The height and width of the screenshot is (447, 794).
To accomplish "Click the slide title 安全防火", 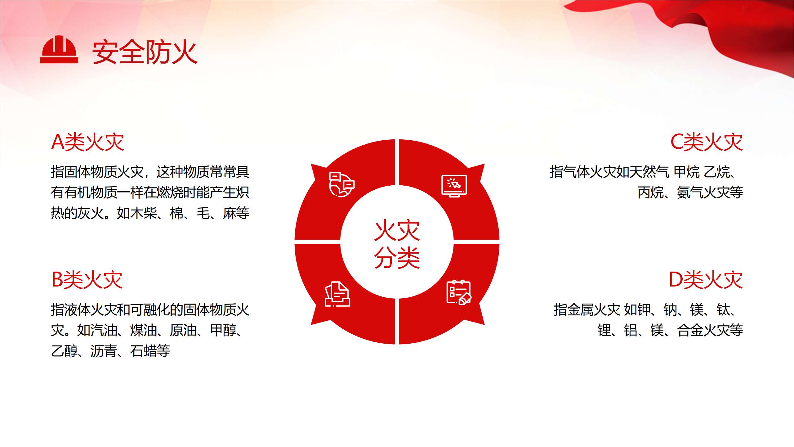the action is click(145, 52).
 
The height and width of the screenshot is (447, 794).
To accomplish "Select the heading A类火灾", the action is click(88, 142).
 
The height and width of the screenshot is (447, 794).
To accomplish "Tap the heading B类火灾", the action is click(87, 280).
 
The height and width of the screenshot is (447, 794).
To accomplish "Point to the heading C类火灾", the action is click(707, 142).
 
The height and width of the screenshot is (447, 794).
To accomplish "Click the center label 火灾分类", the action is click(397, 244).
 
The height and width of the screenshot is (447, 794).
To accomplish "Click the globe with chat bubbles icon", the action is click(341, 185).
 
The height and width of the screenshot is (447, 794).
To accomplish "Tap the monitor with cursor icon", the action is click(454, 186).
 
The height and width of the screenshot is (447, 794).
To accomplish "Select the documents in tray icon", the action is click(337, 294).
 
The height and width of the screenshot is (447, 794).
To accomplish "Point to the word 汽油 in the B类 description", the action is click(104, 330).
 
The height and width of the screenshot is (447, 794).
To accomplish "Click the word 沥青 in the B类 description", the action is click(104, 351).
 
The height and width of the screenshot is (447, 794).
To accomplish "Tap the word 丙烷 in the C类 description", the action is click(651, 192).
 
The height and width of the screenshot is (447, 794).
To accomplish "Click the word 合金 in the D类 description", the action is click(690, 330).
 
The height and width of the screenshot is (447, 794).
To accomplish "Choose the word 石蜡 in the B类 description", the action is click(144, 351).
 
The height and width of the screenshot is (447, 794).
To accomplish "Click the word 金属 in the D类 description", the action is click(581, 310).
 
